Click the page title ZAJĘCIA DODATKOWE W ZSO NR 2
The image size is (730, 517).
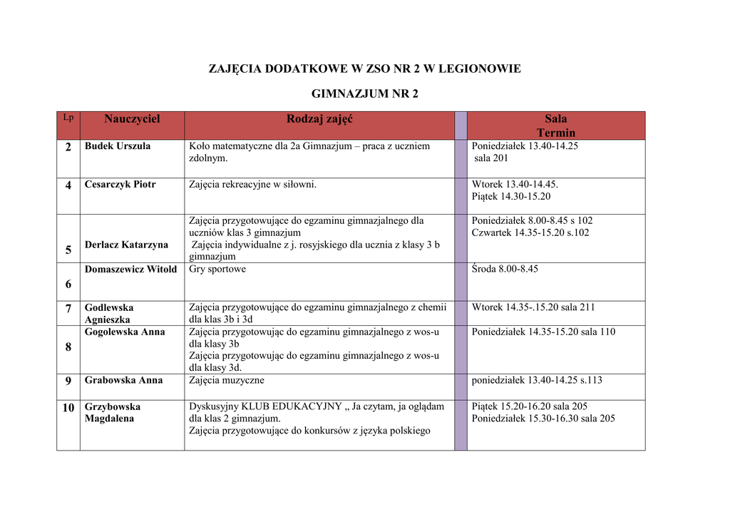(x=364, y=69)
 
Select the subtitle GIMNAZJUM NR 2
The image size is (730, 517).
(x=365, y=93)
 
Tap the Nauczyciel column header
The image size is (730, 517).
(x=132, y=119)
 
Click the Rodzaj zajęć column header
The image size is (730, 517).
(x=319, y=119)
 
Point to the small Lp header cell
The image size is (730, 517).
(x=68, y=117)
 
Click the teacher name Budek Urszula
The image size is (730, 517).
(x=118, y=146)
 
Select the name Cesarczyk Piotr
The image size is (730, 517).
(x=120, y=185)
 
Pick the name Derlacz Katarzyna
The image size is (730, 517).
(x=126, y=245)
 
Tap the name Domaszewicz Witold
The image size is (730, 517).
(x=130, y=270)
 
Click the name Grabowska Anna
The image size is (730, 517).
(x=123, y=380)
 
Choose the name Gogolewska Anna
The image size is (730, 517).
(x=125, y=332)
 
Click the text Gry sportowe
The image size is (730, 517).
(x=217, y=270)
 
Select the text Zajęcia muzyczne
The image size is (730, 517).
(x=227, y=380)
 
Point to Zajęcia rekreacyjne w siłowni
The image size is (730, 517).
(x=252, y=185)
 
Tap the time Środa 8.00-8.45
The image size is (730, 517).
(x=505, y=270)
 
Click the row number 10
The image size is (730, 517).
(x=68, y=408)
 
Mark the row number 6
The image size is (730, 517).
(x=68, y=284)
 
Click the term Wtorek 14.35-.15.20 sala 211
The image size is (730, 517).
(x=533, y=307)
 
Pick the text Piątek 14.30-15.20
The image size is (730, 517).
(x=511, y=196)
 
